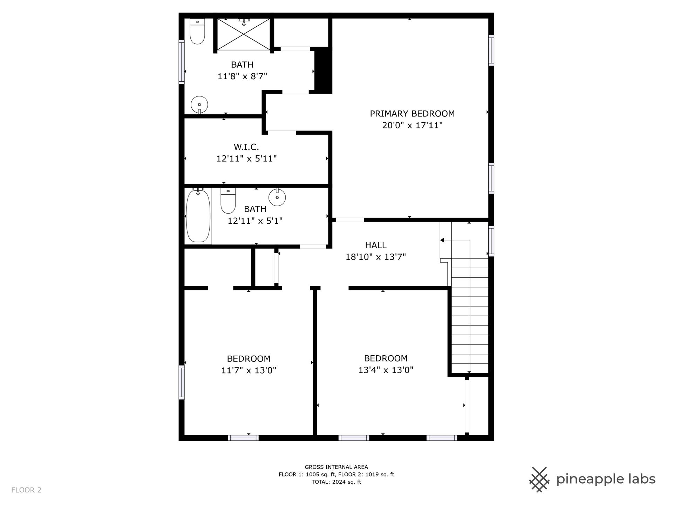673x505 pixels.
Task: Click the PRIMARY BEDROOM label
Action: coord(412,114)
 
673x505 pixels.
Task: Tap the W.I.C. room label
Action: coord(246,147)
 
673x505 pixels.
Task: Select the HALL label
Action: coord(376,245)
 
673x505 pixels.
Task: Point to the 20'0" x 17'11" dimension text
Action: coord(412,125)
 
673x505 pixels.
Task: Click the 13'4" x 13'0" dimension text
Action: coord(386,370)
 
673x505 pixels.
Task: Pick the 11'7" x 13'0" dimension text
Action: coord(249,370)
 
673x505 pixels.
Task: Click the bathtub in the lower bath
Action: coord(198,215)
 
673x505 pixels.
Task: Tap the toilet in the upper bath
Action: coord(197,31)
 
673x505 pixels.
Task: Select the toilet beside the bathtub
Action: coord(228,201)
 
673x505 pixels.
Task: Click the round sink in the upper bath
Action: coord(199,105)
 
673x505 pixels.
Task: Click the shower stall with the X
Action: coord(244,34)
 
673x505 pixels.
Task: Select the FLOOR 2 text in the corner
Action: coord(26,490)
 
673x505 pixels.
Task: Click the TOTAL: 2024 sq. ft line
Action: coord(336,482)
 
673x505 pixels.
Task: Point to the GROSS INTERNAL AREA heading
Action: coord(336,467)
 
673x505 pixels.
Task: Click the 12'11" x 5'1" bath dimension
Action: coord(255,221)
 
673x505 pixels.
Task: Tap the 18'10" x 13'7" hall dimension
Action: coord(376,257)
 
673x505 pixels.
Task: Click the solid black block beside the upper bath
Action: coord(323,70)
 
